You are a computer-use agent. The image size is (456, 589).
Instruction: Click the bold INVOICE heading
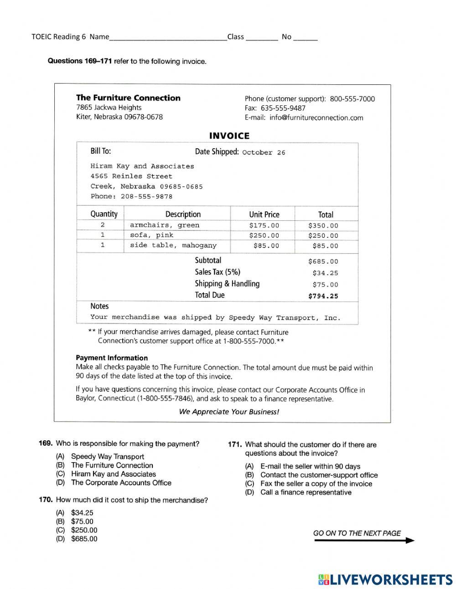click(229, 136)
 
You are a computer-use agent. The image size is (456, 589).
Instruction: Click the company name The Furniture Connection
click(128, 98)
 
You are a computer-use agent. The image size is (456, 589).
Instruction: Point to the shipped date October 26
click(264, 152)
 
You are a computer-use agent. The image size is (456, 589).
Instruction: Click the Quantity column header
click(104, 214)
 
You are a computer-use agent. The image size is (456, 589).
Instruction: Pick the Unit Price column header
click(264, 214)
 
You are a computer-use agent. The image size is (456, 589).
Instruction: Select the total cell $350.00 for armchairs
click(323, 225)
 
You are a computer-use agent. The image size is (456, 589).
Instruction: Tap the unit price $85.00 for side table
click(266, 246)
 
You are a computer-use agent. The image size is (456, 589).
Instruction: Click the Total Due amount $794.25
click(323, 296)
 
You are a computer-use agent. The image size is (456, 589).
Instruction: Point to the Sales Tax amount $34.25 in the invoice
click(325, 273)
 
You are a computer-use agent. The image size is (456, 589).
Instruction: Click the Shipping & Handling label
click(227, 284)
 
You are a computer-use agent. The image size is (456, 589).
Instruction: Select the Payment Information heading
click(112, 358)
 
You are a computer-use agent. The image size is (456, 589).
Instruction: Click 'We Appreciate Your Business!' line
click(229, 412)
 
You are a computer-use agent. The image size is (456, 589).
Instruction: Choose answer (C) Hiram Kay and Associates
click(113, 474)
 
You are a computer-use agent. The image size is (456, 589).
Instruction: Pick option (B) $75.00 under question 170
click(82, 521)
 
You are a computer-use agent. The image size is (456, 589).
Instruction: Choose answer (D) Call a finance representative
click(306, 492)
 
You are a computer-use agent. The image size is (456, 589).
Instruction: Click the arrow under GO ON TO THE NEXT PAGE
click(364, 541)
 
